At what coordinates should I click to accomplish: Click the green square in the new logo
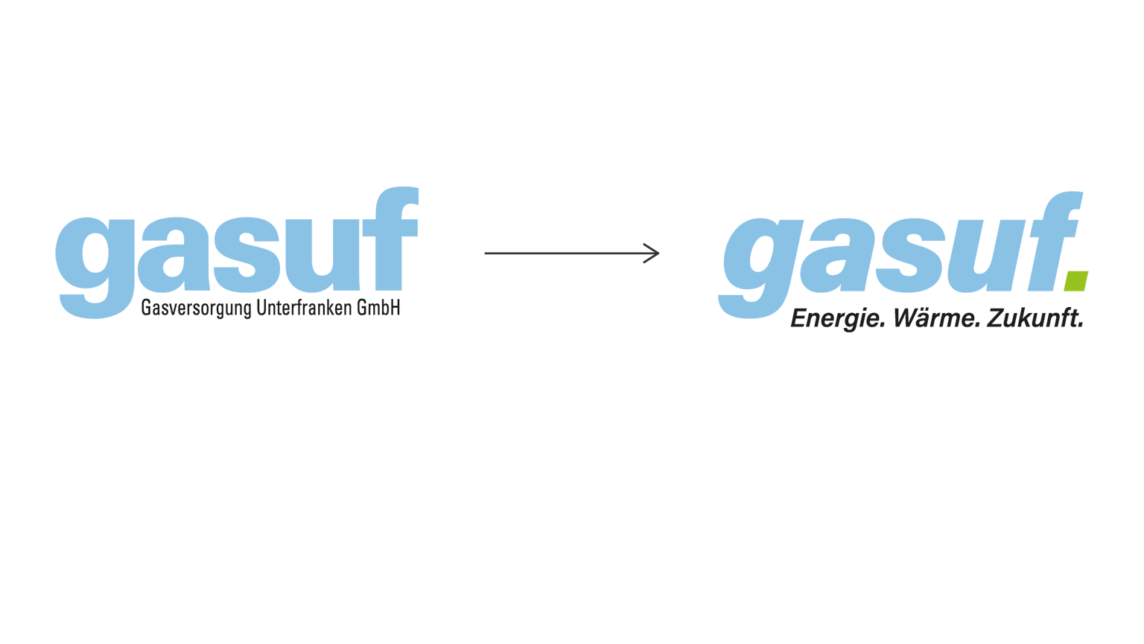pos(1076,281)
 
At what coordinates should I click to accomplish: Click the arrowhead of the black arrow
pos(652,253)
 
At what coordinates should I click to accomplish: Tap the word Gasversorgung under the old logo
pos(196,309)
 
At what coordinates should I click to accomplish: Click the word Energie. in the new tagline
pos(838,319)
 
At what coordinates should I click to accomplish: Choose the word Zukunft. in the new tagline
pos(1035,318)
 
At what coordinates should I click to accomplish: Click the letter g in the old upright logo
pos(96,268)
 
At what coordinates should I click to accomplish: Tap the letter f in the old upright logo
pos(391,239)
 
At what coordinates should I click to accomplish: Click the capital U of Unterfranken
pos(261,307)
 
